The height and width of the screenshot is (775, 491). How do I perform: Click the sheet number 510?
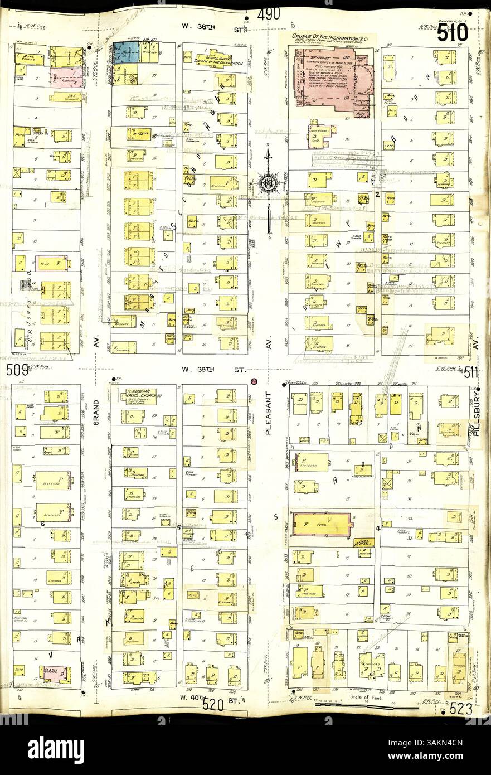(452, 33)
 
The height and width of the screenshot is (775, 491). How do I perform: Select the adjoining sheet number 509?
(17, 370)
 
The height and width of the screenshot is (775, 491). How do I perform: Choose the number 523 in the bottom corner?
(462, 710)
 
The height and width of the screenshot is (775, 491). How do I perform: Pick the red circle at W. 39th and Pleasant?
(254, 382)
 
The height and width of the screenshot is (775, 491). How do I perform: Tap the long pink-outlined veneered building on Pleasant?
(322, 524)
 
